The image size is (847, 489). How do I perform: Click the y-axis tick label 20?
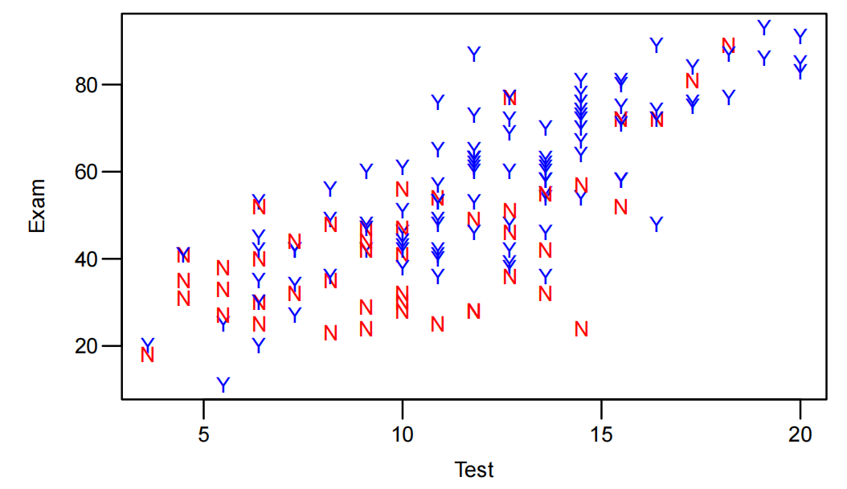coord(87,346)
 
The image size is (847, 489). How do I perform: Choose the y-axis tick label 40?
coord(87,259)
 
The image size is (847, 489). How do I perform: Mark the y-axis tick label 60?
coord(87,172)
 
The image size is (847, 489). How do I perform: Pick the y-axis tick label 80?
coord(87,85)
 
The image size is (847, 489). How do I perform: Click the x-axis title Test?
coord(474,470)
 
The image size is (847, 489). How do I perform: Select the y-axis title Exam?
coord(36,206)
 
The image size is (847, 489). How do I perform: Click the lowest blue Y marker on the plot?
coord(223,385)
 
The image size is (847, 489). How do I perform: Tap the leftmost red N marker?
coord(148,355)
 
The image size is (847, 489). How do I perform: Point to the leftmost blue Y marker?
coord(148,344)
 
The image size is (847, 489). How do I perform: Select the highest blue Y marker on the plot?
coord(764,28)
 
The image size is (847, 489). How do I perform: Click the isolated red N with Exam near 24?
coord(581,329)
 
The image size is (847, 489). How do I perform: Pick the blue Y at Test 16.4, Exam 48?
coord(657,224)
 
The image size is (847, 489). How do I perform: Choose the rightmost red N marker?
coord(729,46)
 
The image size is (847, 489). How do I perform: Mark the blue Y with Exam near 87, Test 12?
coord(474,54)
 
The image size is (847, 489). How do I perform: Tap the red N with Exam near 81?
coord(693,81)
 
